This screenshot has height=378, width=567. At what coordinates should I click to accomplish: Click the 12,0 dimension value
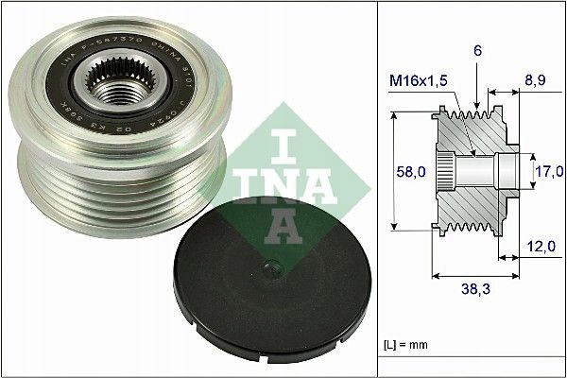coord(541,245)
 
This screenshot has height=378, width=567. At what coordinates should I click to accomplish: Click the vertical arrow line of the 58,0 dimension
coord(391,173)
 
